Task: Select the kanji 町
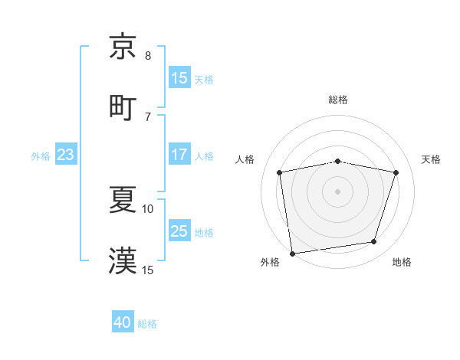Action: (x=123, y=106)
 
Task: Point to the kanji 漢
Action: (x=123, y=260)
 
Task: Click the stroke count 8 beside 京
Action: (x=148, y=56)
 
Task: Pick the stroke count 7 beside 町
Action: (x=148, y=116)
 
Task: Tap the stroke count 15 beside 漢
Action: (x=148, y=270)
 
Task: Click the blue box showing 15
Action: (x=179, y=78)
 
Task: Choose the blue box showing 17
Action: (x=179, y=155)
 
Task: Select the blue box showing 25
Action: (x=179, y=231)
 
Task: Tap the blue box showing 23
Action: (x=66, y=155)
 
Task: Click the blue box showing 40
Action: (x=123, y=323)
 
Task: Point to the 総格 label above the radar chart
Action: (x=338, y=100)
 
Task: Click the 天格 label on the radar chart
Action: (x=431, y=159)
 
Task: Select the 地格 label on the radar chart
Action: (x=402, y=263)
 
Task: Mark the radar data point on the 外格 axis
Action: (x=292, y=253)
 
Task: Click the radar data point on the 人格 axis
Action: (x=280, y=172)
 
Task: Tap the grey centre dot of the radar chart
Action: (x=338, y=191)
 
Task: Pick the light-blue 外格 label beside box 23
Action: (x=41, y=155)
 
